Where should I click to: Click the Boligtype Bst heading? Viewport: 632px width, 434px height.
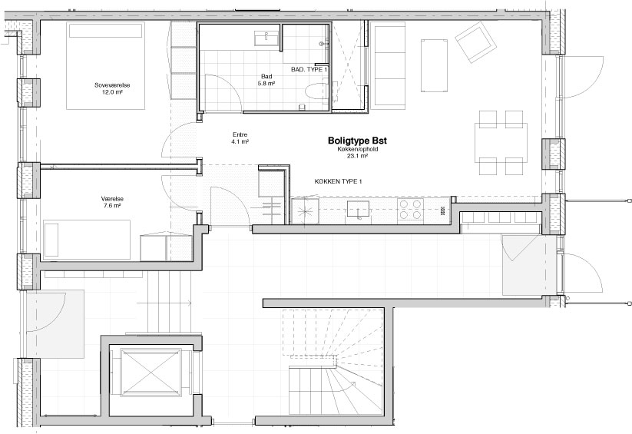coord(357,141)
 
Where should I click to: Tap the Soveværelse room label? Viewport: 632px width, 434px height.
coord(112,85)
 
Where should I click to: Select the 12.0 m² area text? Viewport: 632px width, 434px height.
coord(112,92)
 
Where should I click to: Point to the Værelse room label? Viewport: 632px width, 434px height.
coord(112,199)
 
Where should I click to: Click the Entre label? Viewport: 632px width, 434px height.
coord(240,134)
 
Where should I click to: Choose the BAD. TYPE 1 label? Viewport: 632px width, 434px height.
coord(309,69)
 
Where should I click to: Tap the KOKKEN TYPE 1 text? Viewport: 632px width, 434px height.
coord(338,181)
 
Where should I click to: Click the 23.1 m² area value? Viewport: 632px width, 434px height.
coord(357,156)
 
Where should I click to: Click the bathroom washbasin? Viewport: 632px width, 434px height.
coord(266,38)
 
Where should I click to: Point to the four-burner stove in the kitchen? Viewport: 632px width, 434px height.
coord(410,210)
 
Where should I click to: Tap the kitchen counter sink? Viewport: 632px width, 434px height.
coord(359,209)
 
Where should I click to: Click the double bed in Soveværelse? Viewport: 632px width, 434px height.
coord(106,65)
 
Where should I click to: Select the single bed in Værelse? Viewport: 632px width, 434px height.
coord(87,240)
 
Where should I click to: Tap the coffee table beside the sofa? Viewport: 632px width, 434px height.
coord(434,65)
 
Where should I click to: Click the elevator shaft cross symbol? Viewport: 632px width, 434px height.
coord(151,373)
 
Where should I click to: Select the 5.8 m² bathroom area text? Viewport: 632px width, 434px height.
coord(266,84)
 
